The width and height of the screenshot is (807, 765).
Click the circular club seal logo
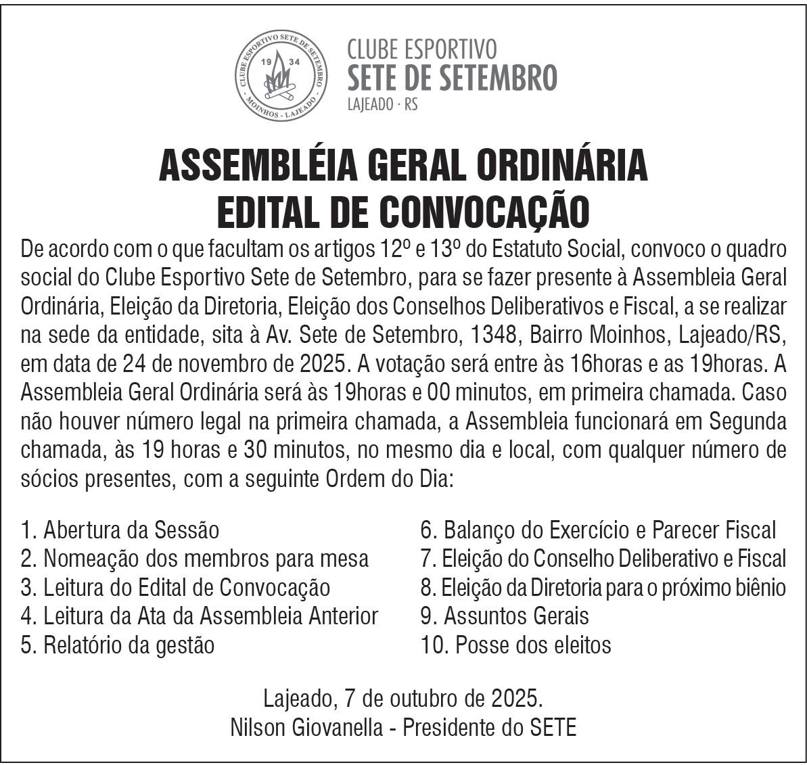[x=281, y=75]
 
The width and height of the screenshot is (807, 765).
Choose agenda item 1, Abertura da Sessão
[x=120, y=530]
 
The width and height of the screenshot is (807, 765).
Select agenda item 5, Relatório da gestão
[x=118, y=645]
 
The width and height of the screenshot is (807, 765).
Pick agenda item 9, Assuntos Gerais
[x=505, y=616]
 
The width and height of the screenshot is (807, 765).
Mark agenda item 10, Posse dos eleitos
[x=516, y=645]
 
